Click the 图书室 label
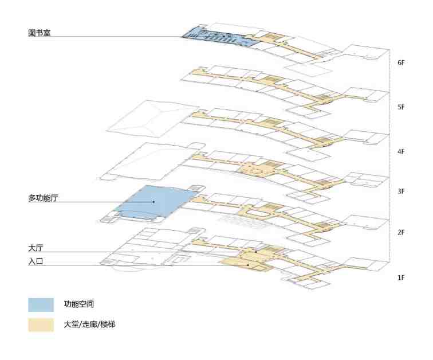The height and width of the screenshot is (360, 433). tap(39, 33)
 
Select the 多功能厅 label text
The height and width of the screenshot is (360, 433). tap(43, 198)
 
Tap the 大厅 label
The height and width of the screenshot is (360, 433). tap(36, 248)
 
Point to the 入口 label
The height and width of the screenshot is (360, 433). tap(36, 261)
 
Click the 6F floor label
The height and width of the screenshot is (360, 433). tap(401, 62)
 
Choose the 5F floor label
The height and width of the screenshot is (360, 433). tap(401, 107)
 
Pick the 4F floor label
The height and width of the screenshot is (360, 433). tap(401, 151)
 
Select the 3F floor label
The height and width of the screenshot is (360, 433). tap(401, 191)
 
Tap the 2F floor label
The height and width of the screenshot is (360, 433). tap(401, 233)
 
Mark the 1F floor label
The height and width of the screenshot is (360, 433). tap(401, 277)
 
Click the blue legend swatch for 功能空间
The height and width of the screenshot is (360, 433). tap(41, 305)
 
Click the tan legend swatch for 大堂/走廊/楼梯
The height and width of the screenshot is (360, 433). tap(41, 325)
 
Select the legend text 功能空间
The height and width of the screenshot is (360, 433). tap(78, 304)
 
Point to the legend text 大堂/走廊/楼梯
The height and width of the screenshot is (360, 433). tap(89, 324)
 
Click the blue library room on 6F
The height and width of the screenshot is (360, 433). tap(218, 37)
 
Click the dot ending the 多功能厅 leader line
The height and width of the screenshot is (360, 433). tap(153, 202)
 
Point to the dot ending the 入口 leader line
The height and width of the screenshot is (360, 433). tap(248, 265)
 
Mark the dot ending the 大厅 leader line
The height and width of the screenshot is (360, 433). tap(256, 252)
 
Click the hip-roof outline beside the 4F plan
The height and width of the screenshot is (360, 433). tap(152, 119)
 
